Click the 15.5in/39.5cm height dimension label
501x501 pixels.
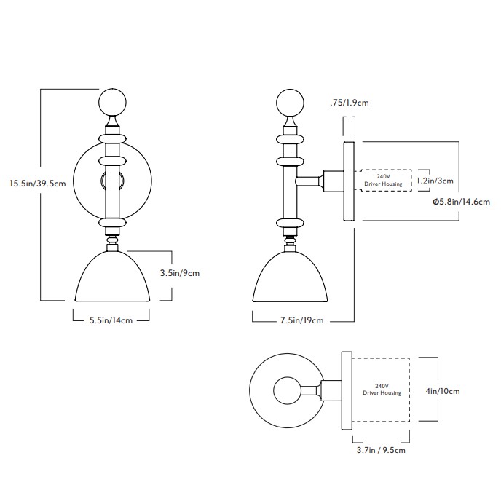click(x=37, y=184)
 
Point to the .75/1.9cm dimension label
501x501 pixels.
click(x=350, y=103)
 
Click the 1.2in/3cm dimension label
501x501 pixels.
click(x=434, y=180)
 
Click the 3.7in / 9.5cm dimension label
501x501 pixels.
click(x=381, y=450)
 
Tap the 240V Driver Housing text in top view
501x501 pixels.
click(x=382, y=390)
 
